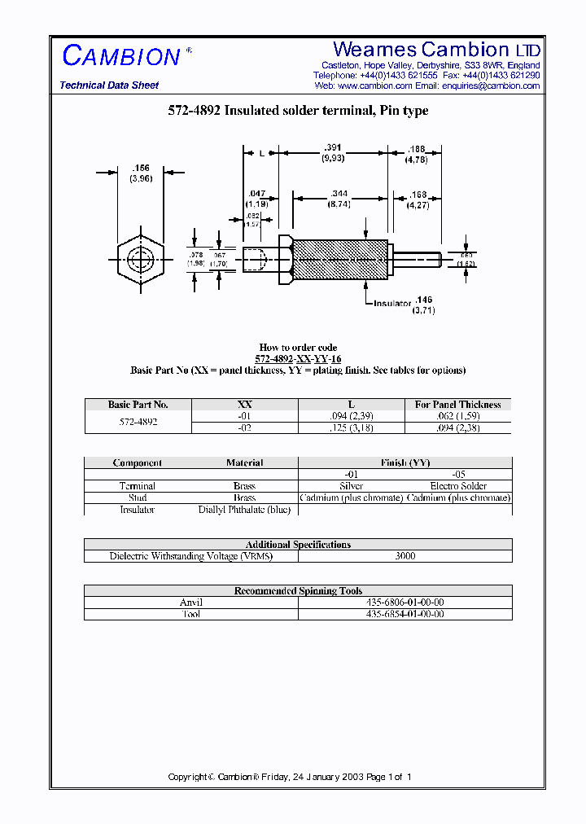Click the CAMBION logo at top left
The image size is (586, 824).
[x=121, y=56]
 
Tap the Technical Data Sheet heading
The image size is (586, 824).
[x=109, y=85]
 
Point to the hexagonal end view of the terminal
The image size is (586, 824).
[x=141, y=261]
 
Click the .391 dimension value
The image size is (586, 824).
[x=332, y=147]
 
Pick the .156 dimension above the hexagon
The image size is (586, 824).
[x=140, y=168]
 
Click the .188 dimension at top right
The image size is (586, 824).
[x=416, y=149]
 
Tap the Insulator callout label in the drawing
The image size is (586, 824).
[x=393, y=303]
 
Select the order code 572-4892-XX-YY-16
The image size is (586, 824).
[x=298, y=358]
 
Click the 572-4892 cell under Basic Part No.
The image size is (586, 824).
[x=138, y=422]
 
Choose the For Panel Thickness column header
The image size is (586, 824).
[x=457, y=404]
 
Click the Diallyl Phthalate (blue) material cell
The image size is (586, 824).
[x=244, y=510]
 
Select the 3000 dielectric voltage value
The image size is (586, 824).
[x=405, y=556]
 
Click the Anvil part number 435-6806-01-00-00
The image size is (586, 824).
[x=405, y=603]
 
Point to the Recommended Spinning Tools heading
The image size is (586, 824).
[x=298, y=591]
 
